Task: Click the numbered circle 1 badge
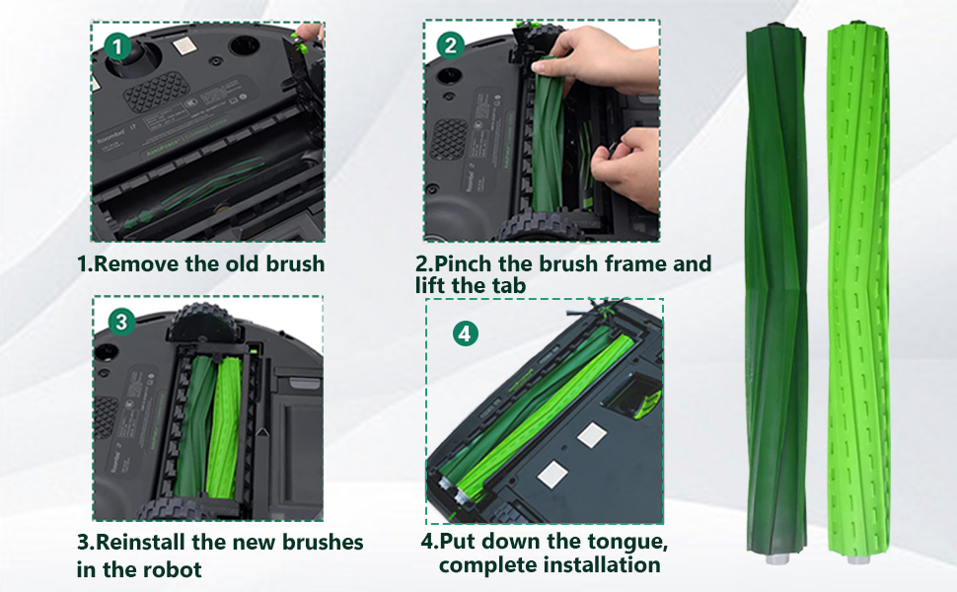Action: [x=117, y=46]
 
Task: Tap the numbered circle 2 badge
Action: [x=451, y=45]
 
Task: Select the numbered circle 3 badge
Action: [x=121, y=322]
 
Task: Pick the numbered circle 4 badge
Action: [x=465, y=333]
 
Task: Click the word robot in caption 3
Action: [x=171, y=569]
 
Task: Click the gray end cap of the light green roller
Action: [x=858, y=558]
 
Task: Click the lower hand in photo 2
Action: [x=626, y=169]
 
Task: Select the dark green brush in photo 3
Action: [x=194, y=426]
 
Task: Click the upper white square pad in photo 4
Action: [x=591, y=435]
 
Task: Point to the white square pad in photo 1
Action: [x=183, y=45]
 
